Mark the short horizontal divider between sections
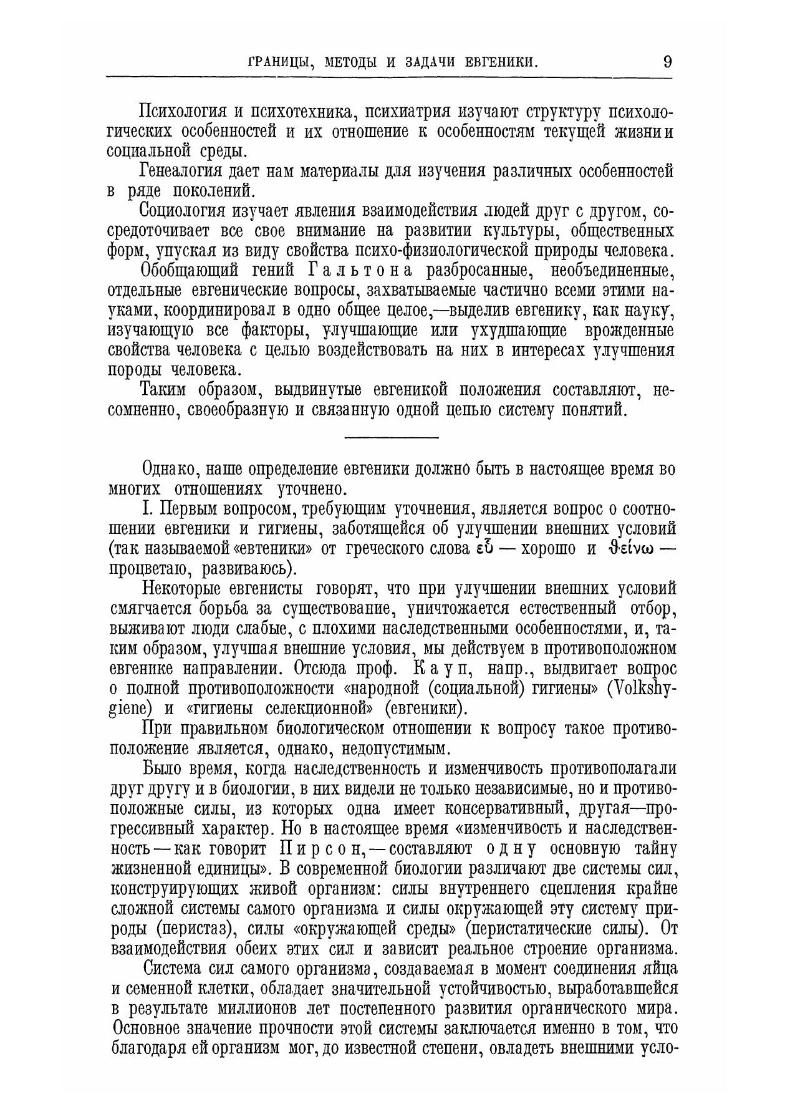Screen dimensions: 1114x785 (392, 437)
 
